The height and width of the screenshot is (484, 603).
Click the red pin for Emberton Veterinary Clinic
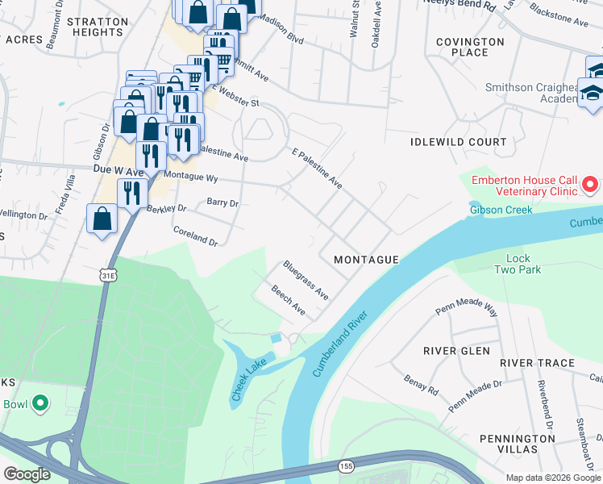590,185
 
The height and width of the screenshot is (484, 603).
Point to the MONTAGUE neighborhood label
366,260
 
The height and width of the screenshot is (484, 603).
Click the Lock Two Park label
518,264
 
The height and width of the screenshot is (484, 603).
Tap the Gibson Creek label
501,211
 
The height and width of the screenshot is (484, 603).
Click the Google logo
27,474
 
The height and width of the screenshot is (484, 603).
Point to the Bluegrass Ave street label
306,280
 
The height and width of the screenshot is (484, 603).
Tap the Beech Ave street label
288,300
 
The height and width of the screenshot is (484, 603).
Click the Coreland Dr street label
196,236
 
